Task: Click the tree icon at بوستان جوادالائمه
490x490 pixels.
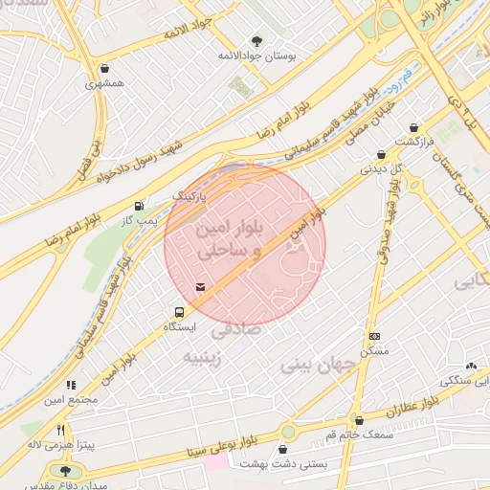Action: [256, 40]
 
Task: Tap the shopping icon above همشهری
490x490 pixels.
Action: [102, 69]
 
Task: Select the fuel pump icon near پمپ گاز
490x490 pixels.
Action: [141, 206]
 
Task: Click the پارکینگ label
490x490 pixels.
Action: [189, 195]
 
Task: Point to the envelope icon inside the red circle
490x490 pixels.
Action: [200, 286]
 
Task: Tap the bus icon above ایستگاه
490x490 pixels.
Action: [178, 312]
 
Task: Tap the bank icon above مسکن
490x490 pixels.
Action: [373, 336]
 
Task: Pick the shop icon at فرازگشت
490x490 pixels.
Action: [413, 127]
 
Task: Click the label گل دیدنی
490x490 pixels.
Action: [378, 168]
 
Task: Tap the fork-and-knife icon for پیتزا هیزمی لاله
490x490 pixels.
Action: [60, 430]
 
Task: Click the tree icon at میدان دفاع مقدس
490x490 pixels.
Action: [66, 470]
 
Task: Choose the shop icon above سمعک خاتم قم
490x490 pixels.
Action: [360, 420]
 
